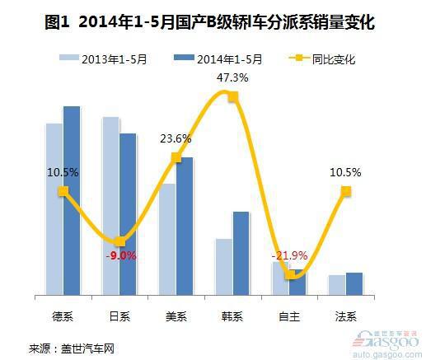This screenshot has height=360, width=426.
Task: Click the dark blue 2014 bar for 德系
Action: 72,201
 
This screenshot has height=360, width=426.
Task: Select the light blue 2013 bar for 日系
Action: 111,206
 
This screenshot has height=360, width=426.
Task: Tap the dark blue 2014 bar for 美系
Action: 185,227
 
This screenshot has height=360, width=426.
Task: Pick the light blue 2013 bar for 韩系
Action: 224,267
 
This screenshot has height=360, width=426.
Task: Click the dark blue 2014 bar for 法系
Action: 354,284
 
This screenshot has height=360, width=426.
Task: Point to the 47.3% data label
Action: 232,77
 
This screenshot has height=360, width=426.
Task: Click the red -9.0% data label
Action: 121,256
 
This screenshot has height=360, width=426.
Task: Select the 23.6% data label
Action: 176,138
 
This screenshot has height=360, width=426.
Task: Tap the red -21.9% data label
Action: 289,255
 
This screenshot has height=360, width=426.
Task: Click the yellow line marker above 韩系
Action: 233,97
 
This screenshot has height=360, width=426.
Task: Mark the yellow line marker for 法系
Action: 346,191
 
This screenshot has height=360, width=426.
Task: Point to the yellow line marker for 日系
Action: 119,241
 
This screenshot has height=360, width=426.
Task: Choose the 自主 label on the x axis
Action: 289,316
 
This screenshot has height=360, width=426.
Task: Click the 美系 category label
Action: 176,316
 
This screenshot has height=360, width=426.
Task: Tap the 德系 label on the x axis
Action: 63,316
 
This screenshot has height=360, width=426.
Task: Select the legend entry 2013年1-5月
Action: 103,58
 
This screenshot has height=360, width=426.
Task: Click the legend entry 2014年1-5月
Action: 218,58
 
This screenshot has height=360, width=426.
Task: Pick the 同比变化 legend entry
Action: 322,58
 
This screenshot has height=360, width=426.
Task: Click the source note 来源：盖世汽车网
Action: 72,348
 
